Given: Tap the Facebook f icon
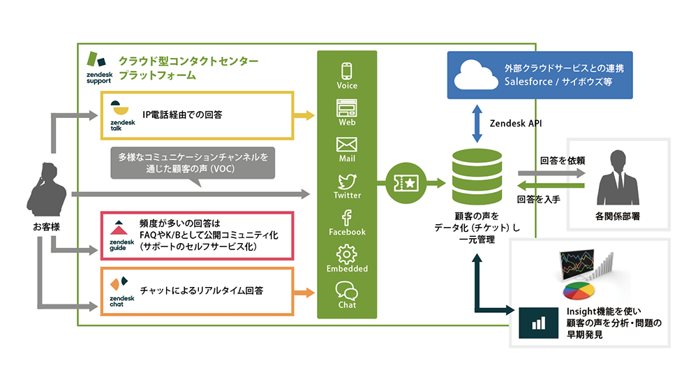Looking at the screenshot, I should tap(347, 217).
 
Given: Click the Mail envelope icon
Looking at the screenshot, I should tap(347, 145).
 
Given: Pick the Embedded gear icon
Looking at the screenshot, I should tap(347, 254).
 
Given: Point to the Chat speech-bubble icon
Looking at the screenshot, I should tap(347, 290).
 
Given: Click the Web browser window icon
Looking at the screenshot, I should tap(347, 108).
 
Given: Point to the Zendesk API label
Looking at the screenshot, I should tap(517, 123).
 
